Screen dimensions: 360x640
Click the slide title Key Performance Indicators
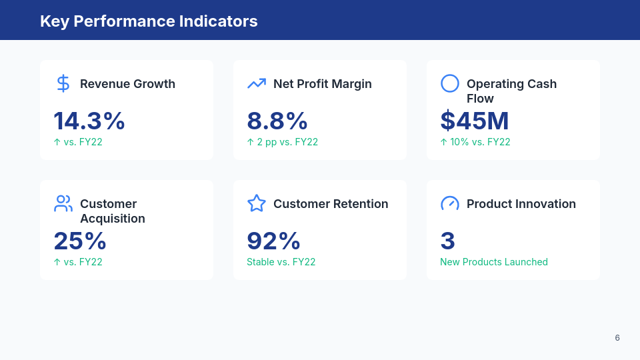click(149, 21)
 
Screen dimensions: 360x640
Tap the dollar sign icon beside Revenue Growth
click(63, 83)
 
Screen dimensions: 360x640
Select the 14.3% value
click(89, 121)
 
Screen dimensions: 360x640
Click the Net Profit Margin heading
click(323, 84)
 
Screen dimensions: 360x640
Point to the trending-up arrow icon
click(257, 83)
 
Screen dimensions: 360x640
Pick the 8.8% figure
click(277, 121)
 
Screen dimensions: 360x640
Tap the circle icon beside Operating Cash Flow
click(450, 83)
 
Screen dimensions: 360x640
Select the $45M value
click(475, 121)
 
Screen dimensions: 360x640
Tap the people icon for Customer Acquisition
click(63, 203)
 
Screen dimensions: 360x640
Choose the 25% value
click(80, 241)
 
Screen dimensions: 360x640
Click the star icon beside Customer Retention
click(257, 203)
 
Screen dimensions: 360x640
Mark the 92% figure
click(274, 241)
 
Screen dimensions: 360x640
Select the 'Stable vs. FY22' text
click(281, 262)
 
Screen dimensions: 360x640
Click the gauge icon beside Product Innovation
click(450, 203)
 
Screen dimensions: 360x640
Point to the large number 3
click(448, 241)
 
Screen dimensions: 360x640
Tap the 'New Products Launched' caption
click(494, 262)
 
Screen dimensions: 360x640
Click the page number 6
click(617, 338)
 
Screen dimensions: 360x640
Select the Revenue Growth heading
click(127, 84)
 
